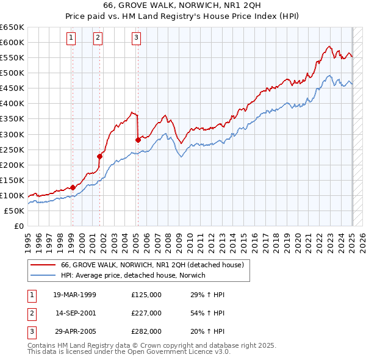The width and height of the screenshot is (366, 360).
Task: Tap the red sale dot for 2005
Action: [x=138, y=140]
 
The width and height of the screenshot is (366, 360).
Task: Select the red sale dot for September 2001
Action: [x=99, y=156]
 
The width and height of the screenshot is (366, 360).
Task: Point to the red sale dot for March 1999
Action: [x=73, y=187]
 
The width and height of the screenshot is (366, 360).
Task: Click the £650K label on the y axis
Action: [x=12, y=27]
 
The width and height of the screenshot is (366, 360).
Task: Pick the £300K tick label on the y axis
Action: [x=12, y=134]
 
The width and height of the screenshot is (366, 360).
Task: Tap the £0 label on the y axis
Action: [x=18, y=226]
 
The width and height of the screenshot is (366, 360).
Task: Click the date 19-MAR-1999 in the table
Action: [x=75, y=294]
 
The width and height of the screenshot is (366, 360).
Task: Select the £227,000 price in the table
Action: [x=146, y=312]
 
